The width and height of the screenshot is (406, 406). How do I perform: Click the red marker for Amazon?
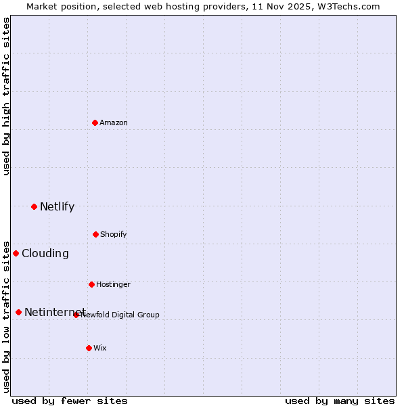[x=95, y=122]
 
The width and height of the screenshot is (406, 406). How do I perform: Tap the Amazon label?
[x=114, y=123]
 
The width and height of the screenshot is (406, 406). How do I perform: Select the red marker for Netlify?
[x=34, y=206]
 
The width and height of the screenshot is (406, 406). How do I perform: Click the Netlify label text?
[x=57, y=207]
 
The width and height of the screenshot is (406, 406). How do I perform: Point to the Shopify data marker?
[x=95, y=234]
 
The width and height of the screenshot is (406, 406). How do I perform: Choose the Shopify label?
[x=114, y=235]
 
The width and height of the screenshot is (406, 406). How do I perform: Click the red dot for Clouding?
[x=16, y=253]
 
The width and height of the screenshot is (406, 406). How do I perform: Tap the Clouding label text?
[x=45, y=254]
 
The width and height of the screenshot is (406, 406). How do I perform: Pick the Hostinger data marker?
[x=91, y=284]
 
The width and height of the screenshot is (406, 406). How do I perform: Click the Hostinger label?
[x=113, y=285]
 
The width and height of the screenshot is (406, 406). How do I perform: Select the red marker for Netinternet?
[x=18, y=312]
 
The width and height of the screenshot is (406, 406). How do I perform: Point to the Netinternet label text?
[x=54, y=313]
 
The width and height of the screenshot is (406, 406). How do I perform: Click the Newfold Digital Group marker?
[x=76, y=315]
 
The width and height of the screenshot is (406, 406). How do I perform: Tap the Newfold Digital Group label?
[x=121, y=315]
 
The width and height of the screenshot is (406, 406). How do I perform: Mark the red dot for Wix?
[x=89, y=348]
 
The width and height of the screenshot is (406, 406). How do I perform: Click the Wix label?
[x=100, y=348]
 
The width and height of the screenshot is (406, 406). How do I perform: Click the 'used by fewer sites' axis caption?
[x=70, y=401]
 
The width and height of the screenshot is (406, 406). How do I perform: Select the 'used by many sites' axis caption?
[x=340, y=401]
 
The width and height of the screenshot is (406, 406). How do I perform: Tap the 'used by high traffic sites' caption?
[x=6, y=96]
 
